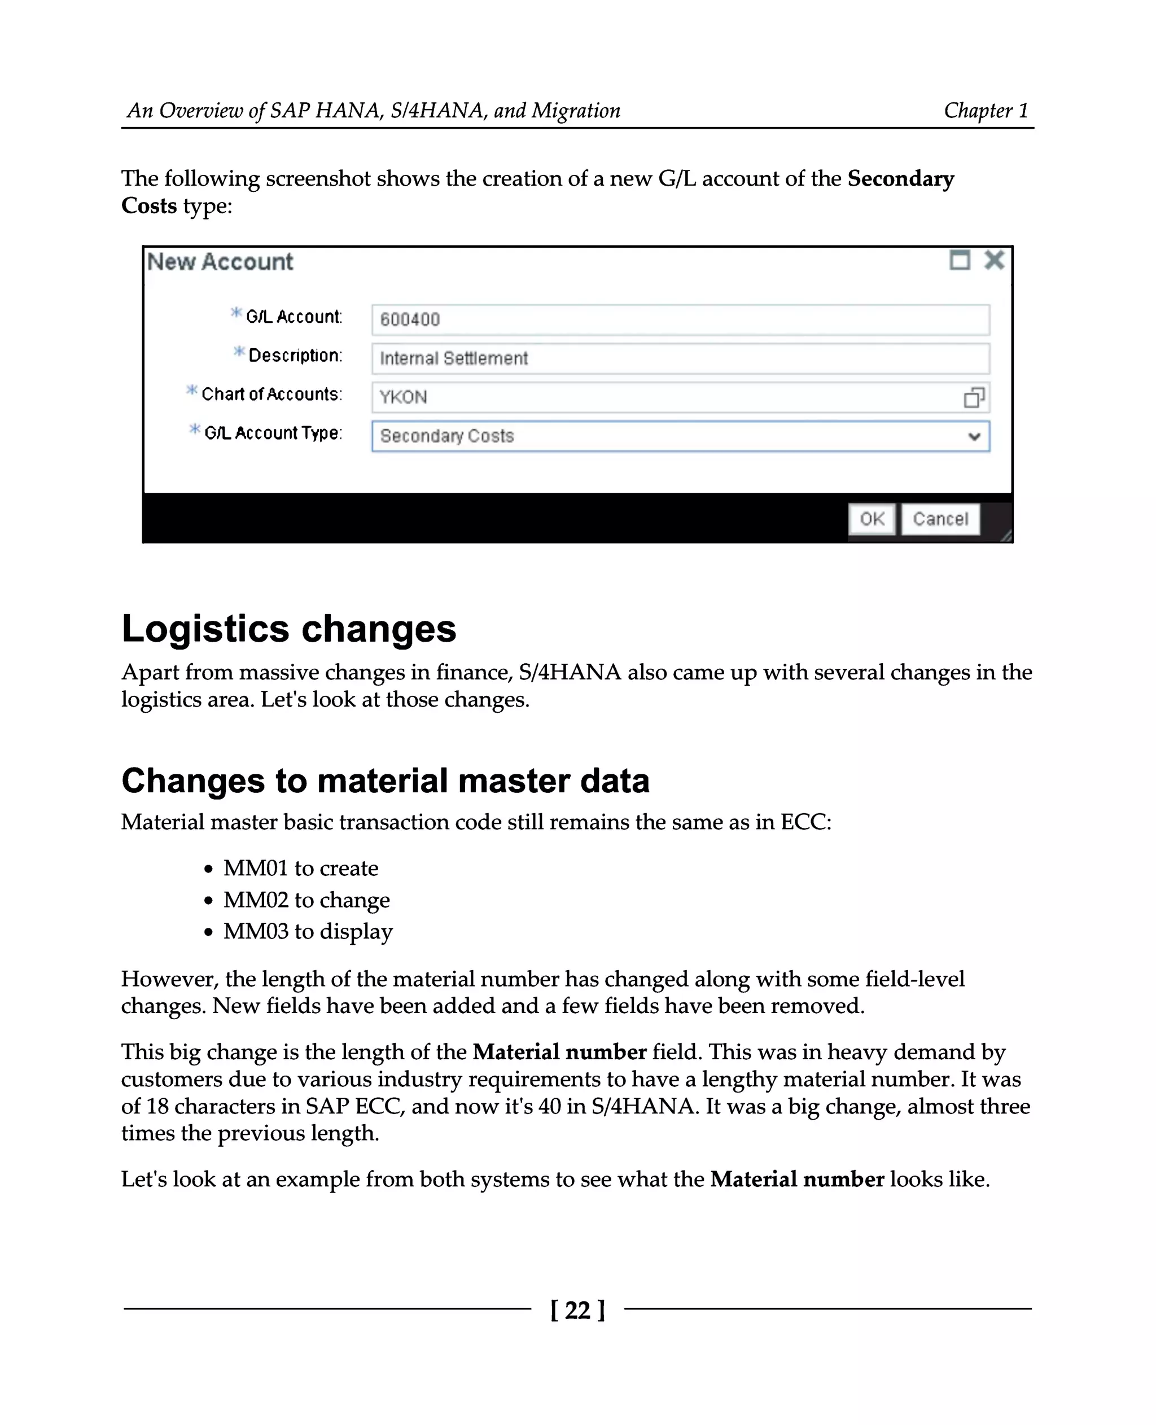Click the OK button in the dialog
pos(871,519)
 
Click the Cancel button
pos(940,519)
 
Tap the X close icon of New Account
pos(993,260)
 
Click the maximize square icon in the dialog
pos(959,260)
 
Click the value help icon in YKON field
pos(974,397)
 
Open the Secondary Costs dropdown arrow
pos(974,436)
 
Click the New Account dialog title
pos(220,262)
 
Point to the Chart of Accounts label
pos(271,394)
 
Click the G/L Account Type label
pos(273,433)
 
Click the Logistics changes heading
pos(288,629)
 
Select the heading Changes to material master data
pos(385,781)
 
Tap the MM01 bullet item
pos(300,869)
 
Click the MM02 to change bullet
pos(306,900)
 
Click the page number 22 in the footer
pos(577,1310)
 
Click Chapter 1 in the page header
pos(986,110)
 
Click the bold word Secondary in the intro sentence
pos(900,178)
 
